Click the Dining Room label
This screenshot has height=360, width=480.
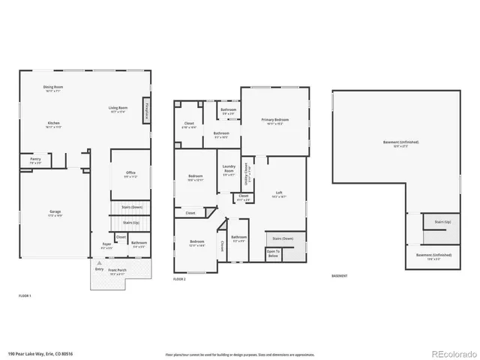coord(53,88)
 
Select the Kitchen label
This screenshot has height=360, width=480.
coord(53,124)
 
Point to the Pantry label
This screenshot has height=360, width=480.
coord(35,160)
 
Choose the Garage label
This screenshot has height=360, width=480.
coord(55,213)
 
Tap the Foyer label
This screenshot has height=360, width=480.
coord(106,244)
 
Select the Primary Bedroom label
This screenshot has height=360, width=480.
coord(275,121)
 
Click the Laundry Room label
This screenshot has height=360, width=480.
coord(229,172)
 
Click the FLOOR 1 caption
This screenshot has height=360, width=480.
coord(25,296)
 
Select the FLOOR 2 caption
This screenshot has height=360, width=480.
coord(179,279)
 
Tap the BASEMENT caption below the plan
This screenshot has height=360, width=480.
coord(340,276)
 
